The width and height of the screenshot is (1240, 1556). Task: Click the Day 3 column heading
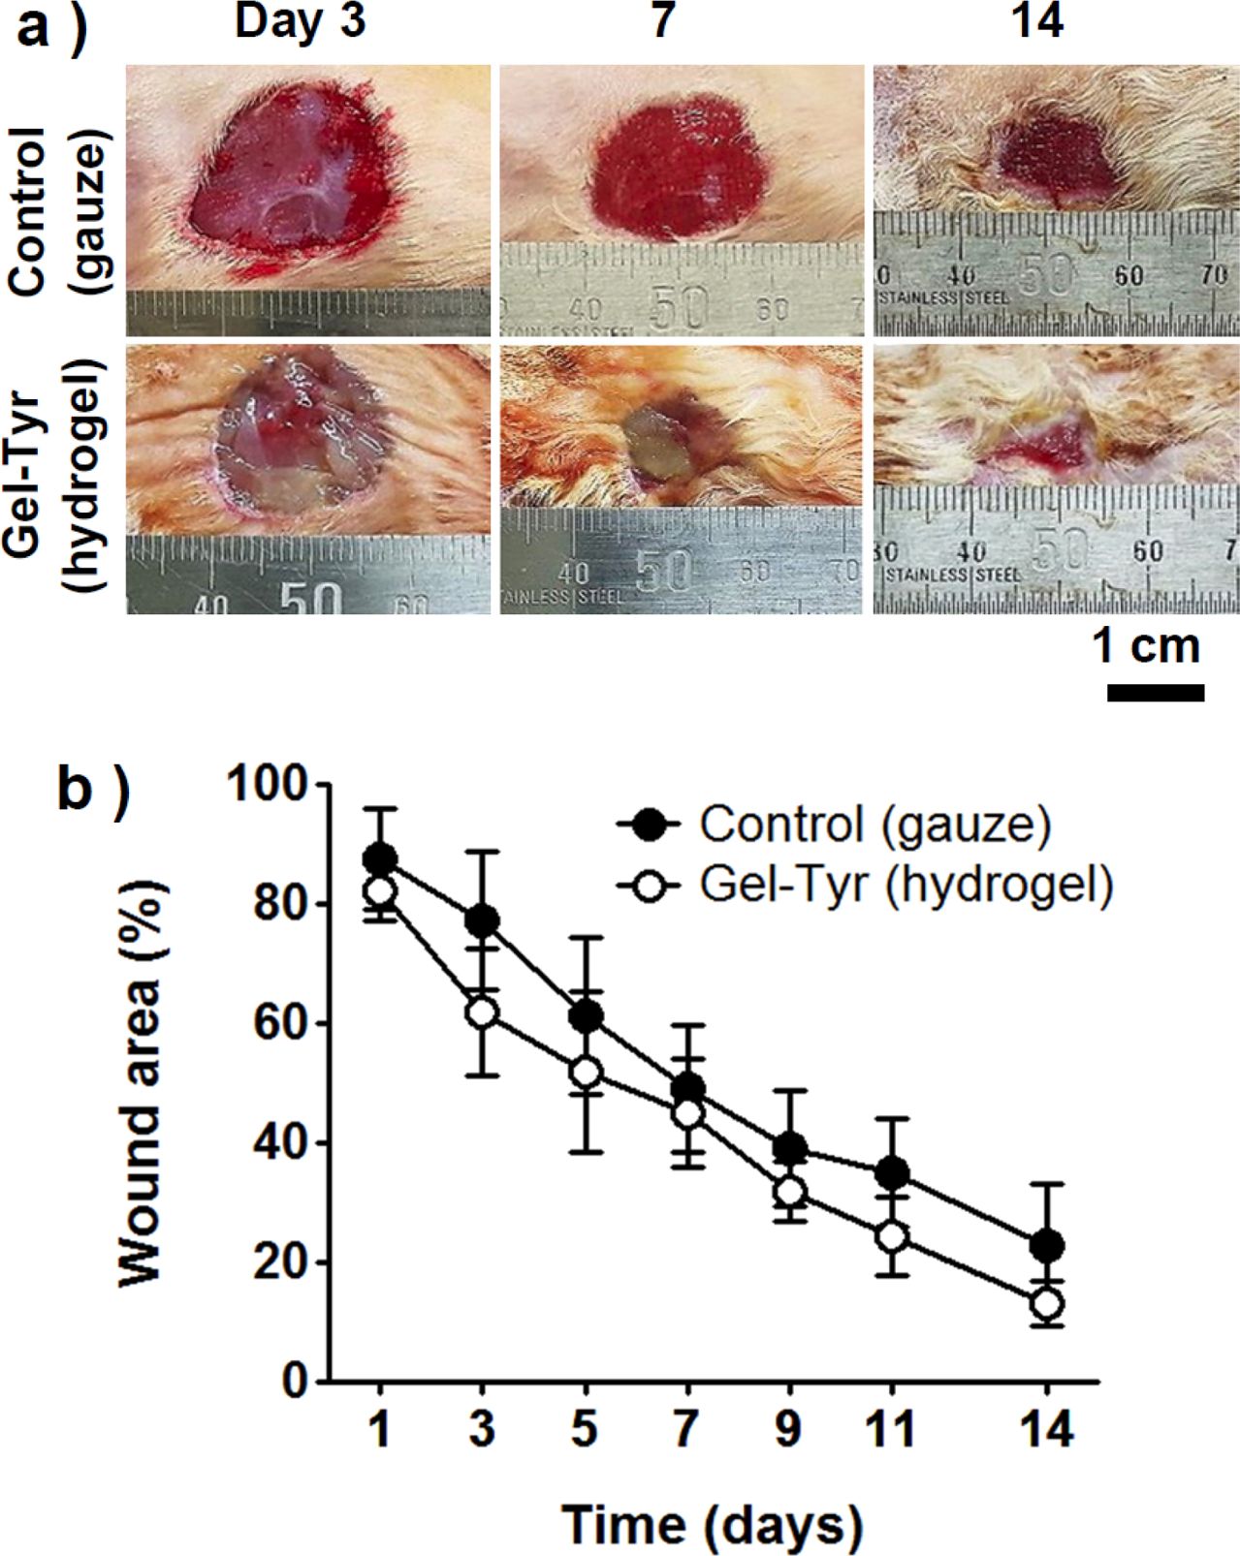(300, 21)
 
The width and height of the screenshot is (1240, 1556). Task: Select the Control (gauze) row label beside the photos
(59, 209)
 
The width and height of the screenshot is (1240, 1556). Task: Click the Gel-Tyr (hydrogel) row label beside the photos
(59, 475)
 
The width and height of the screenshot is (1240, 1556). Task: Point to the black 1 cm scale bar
(1155, 692)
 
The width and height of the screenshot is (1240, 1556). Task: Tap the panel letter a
(48, 26)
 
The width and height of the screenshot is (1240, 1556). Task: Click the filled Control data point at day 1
(380, 859)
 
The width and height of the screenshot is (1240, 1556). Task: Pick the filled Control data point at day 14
(1046, 1245)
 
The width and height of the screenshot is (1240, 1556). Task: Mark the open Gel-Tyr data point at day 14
(1046, 1304)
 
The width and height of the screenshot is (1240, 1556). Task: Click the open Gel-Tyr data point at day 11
(891, 1236)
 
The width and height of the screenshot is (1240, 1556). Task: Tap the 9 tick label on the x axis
(788, 1428)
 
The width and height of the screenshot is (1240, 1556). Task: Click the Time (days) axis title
(713, 1524)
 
